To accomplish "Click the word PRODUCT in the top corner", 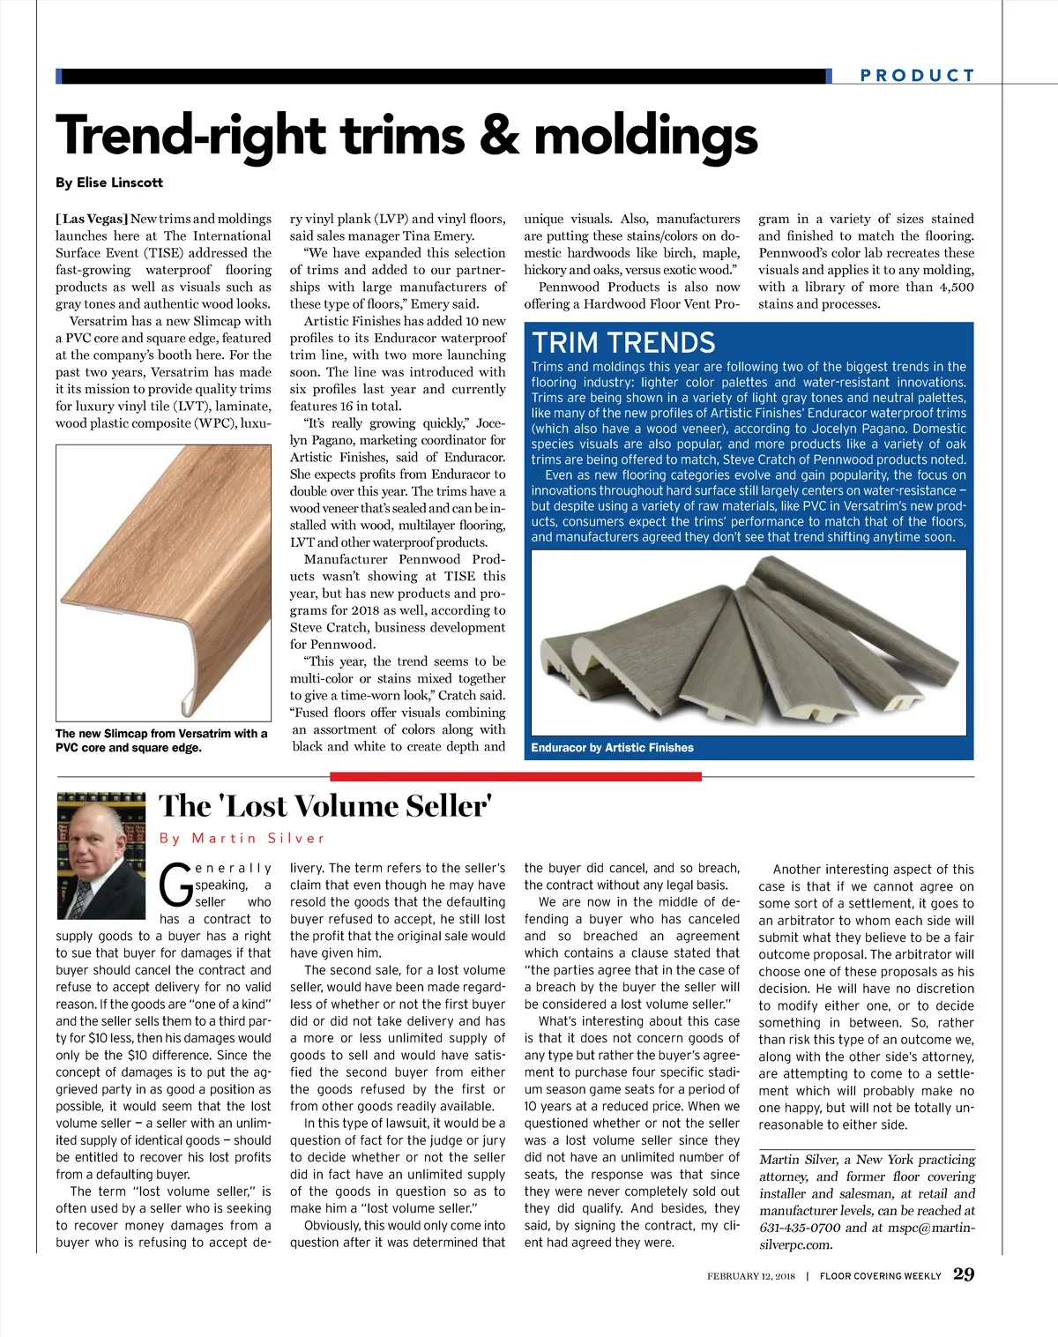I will point(917,76).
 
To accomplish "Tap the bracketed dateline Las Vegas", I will point(92,219).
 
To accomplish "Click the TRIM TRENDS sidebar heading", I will point(623,342).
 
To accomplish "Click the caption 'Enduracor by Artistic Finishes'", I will point(612,748).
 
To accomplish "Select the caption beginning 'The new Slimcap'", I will point(160,740).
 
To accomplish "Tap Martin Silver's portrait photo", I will point(101,855).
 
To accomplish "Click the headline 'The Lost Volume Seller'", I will point(325,806).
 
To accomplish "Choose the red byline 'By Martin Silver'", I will point(242,838).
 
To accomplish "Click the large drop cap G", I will point(175,885).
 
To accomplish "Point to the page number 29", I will point(964,1274).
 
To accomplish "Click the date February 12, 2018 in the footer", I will point(750,1276).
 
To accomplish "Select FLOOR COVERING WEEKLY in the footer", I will point(880,1276).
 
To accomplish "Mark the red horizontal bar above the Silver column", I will point(516,777).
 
